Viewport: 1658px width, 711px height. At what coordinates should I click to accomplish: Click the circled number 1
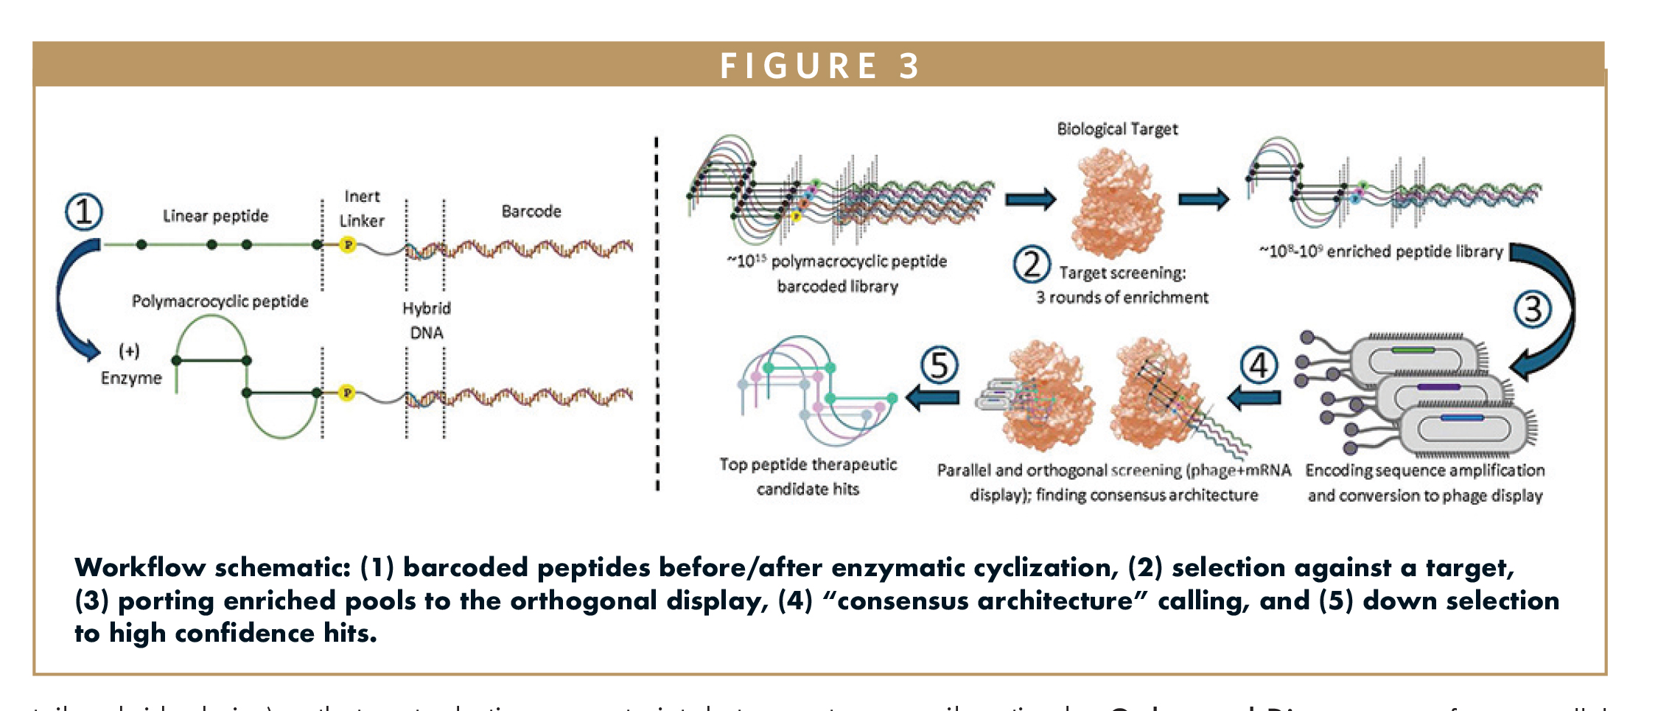click(x=84, y=212)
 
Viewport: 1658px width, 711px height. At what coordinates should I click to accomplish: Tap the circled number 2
click(x=1032, y=265)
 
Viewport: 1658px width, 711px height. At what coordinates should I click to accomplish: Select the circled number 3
click(x=1532, y=309)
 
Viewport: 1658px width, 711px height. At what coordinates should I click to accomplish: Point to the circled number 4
click(x=1259, y=365)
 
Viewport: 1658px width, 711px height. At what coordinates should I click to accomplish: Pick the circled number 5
click(x=939, y=365)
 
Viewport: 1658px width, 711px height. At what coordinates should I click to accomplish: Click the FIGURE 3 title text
click(x=819, y=66)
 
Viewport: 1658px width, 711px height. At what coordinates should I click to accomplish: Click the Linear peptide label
click(x=215, y=216)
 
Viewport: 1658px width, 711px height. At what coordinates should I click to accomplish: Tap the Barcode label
click(x=531, y=211)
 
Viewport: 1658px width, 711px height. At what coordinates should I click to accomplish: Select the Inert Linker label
click(x=362, y=209)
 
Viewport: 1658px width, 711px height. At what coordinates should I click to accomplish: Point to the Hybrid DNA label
click(x=426, y=321)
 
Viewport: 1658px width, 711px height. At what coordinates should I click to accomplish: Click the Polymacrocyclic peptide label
click(x=220, y=301)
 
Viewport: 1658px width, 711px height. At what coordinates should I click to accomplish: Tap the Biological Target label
click(x=1117, y=129)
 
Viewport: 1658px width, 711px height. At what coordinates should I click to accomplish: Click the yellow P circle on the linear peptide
click(x=348, y=245)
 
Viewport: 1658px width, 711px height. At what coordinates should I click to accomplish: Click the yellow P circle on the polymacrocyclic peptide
click(x=347, y=393)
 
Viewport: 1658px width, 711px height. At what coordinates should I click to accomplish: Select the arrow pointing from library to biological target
click(x=1030, y=199)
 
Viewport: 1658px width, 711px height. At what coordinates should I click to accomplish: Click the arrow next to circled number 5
click(x=933, y=398)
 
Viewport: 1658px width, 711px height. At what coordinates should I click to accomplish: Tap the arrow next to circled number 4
click(x=1254, y=398)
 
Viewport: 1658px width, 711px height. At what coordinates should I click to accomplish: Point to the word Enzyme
click(x=131, y=378)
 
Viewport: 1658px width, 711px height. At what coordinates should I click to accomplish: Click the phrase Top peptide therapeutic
click(x=808, y=465)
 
